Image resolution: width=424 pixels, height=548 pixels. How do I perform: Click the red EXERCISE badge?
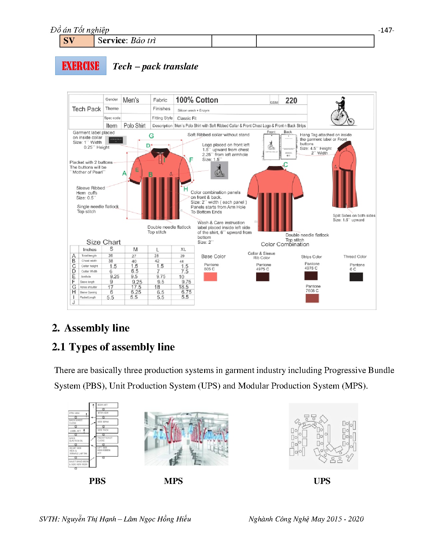click(x=81, y=66)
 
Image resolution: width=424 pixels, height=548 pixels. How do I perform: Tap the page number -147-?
click(x=386, y=30)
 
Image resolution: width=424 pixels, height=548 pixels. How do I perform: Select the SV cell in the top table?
click(x=77, y=41)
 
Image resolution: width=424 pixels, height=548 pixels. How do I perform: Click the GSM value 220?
click(x=291, y=101)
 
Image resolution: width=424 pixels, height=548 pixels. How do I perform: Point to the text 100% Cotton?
click(x=197, y=100)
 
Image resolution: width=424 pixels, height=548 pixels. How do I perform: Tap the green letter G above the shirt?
click(x=151, y=136)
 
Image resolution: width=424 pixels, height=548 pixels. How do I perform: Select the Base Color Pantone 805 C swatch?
click(x=210, y=277)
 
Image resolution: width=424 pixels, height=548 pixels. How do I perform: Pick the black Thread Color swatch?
click(x=356, y=277)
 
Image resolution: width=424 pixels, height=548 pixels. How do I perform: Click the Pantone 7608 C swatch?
click(x=312, y=298)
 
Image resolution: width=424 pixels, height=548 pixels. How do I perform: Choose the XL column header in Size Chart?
click(x=183, y=249)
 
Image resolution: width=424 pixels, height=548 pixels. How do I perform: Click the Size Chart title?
click(x=103, y=242)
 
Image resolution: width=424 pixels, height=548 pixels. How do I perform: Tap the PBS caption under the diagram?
click(x=97, y=481)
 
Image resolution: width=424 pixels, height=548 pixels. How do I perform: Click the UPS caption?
click(x=322, y=481)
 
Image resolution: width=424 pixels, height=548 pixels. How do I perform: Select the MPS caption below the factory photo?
click(x=173, y=481)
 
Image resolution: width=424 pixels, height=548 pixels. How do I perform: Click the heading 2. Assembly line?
click(x=91, y=328)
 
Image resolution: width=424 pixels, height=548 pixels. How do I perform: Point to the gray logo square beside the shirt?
click(x=219, y=170)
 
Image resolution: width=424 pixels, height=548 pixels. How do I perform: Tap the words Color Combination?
click(x=285, y=244)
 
